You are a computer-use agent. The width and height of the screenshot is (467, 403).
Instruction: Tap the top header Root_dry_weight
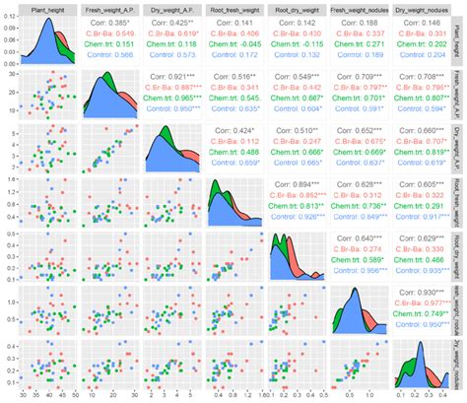click(300, 7)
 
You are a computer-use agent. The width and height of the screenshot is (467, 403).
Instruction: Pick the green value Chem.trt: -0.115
click(300, 43)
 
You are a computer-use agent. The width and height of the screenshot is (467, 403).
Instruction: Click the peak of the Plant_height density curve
click(45, 21)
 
